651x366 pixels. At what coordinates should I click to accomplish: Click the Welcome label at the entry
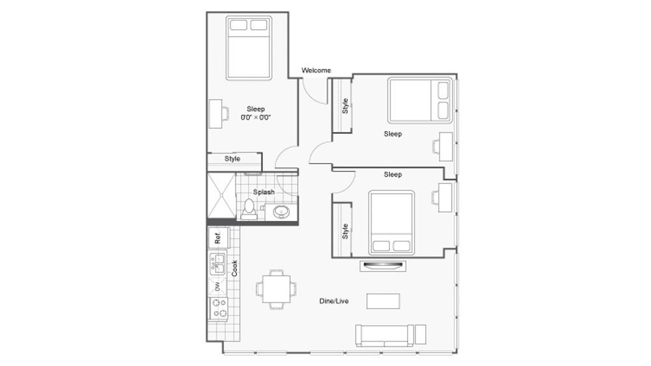[316, 70]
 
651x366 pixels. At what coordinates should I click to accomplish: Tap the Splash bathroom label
[264, 192]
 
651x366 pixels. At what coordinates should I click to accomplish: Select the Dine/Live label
[334, 301]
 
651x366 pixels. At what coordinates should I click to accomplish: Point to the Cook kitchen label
[234, 268]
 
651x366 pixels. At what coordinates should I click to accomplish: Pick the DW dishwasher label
[217, 286]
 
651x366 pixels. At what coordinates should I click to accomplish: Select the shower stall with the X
[221, 196]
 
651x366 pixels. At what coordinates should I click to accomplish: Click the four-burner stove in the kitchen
[218, 308]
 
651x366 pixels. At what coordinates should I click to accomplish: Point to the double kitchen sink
[217, 265]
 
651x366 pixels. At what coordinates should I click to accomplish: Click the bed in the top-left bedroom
[249, 48]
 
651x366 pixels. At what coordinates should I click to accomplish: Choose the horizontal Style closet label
[232, 159]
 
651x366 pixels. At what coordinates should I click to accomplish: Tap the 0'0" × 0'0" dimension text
[256, 118]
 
